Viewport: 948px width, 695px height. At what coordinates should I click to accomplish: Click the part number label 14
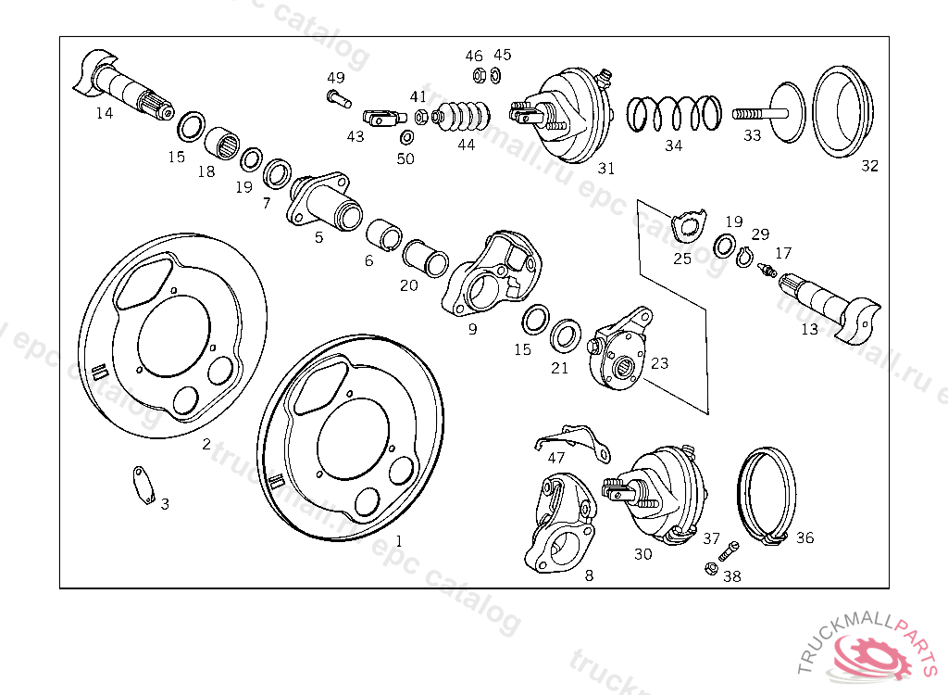(x=104, y=113)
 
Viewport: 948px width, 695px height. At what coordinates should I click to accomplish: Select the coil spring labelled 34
(x=674, y=114)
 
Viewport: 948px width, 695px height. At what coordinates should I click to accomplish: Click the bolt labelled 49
(x=335, y=95)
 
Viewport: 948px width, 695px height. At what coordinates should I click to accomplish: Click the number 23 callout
(x=659, y=363)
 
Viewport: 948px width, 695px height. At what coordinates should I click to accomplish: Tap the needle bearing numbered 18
(x=221, y=144)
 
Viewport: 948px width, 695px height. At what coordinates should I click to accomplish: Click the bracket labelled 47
(x=574, y=440)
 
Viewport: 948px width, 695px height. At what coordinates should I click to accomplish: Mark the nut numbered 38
(x=711, y=568)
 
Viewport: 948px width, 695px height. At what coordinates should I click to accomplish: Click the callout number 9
(x=472, y=328)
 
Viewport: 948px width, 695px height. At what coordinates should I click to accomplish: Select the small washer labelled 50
(x=405, y=138)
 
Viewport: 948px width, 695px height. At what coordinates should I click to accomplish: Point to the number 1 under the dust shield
(x=399, y=540)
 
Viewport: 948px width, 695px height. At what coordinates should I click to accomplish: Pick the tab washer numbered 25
(x=688, y=225)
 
